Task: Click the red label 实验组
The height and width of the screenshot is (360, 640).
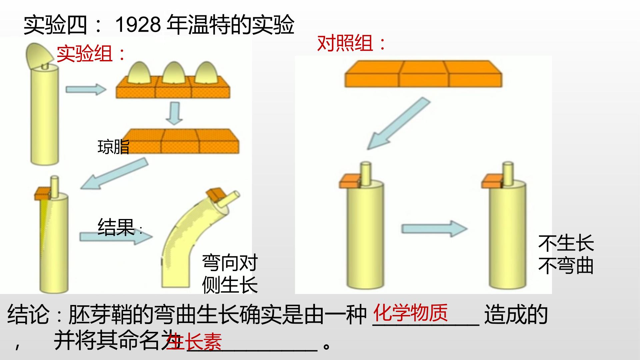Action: [x=85, y=54]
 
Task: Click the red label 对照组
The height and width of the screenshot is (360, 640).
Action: [x=345, y=43]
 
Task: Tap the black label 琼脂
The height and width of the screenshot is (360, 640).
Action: [x=113, y=147]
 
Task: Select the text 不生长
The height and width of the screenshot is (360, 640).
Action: [x=566, y=243]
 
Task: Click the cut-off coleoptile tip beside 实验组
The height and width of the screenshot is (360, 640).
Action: [x=39, y=56]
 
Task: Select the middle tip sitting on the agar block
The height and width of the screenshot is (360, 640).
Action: [x=173, y=73]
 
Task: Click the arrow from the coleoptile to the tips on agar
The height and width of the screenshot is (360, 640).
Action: [x=86, y=89]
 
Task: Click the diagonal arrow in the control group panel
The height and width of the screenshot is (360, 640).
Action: [x=398, y=123]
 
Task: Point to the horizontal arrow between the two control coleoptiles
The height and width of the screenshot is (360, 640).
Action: [x=434, y=228]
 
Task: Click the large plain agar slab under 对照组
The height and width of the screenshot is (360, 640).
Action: [x=423, y=74]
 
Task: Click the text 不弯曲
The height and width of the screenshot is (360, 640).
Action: [x=566, y=266]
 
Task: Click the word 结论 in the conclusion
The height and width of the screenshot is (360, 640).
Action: [x=28, y=314]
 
